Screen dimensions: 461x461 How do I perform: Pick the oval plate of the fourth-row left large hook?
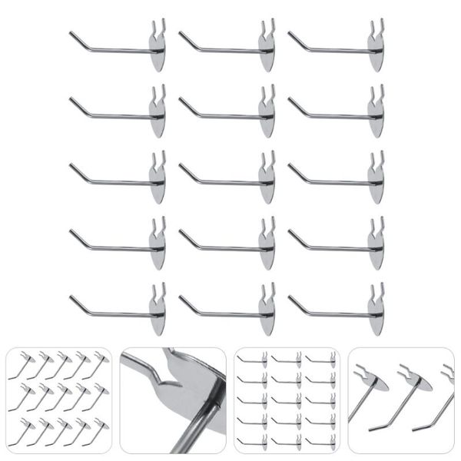pos(157,252)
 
